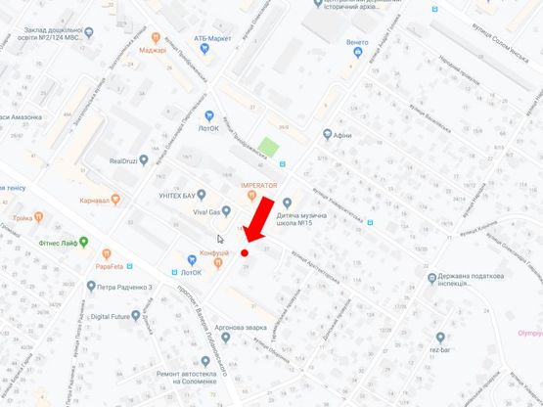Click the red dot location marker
[x=245, y=252]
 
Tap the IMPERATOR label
[x=260, y=184]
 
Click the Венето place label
[x=357, y=43]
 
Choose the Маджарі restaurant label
[x=153, y=49]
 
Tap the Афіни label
[x=341, y=136]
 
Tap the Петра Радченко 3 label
[x=126, y=287]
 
